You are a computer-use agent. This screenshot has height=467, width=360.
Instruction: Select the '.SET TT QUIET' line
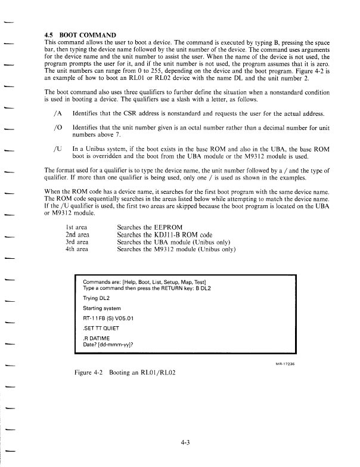click(x=103, y=329)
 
